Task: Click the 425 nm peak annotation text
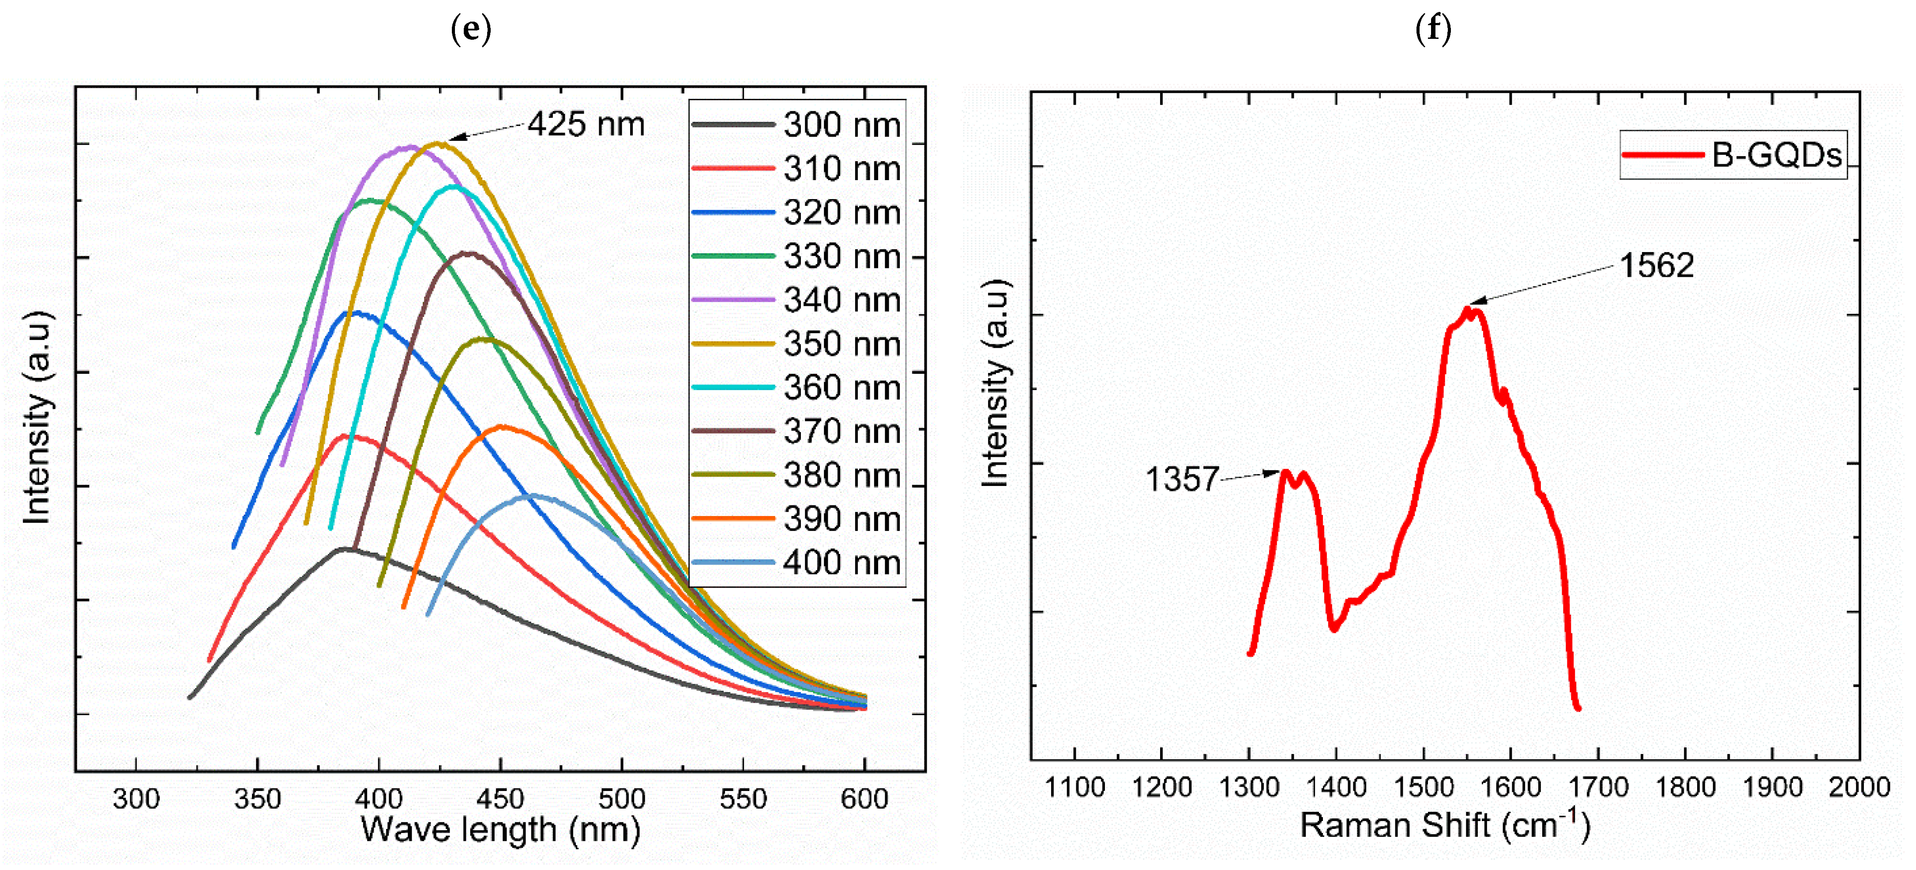[x=586, y=124]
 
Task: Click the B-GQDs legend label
[x=1776, y=155]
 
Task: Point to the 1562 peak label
[x=1657, y=266]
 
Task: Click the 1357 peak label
[x=1181, y=479]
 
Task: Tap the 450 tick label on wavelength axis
[x=500, y=799]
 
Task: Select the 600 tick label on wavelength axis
[x=864, y=799]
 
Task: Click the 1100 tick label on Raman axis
[x=1075, y=787]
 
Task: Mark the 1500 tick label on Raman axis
[x=1423, y=787]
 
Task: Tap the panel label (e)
[x=471, y=29]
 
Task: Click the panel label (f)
[x=1432, y=29]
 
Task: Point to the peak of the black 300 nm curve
[x=344, y=549]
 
